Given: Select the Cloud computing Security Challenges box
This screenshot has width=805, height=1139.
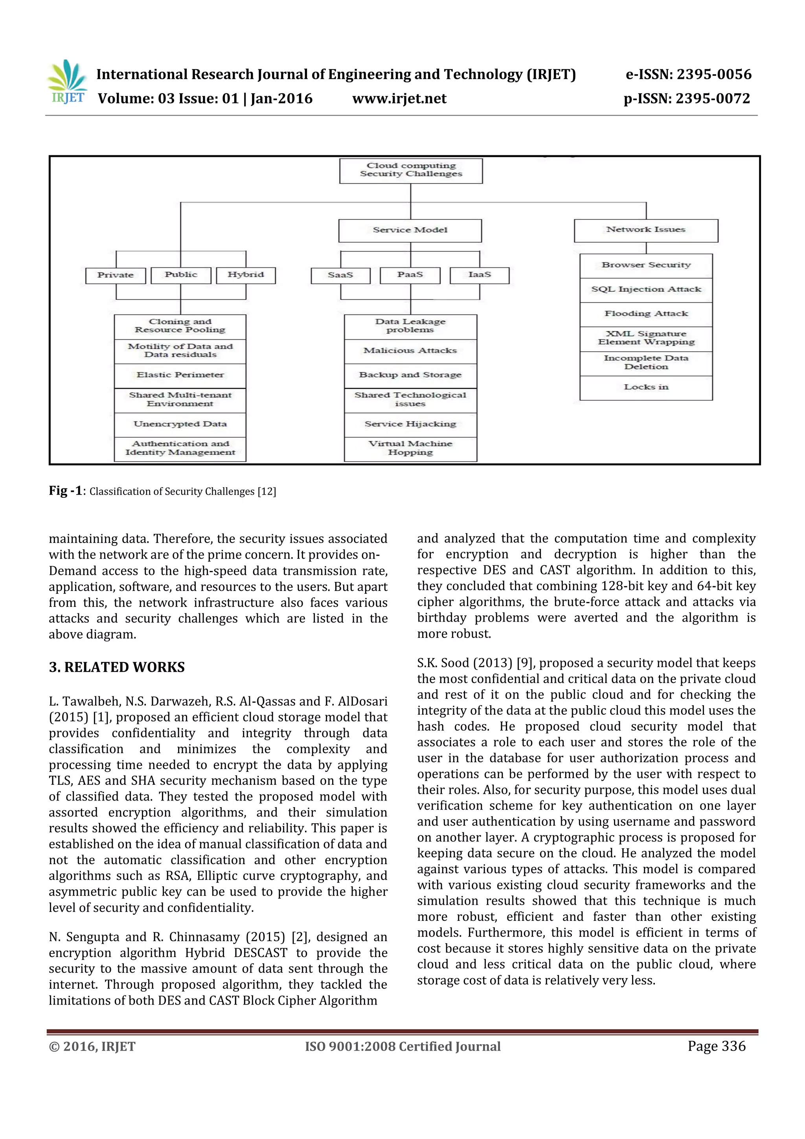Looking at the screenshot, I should [411, 170].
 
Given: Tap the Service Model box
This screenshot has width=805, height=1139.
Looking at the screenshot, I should [410, 230].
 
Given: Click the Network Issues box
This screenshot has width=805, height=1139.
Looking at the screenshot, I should [645, 230].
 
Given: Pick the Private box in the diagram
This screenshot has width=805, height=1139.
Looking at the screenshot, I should [116, 275].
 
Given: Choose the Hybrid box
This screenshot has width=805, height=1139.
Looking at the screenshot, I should [246, 275].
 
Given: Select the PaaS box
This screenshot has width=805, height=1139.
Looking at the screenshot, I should [410, 275].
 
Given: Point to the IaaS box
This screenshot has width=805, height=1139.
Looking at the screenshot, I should [479, 275].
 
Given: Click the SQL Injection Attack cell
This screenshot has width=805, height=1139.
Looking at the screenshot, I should [646, 290].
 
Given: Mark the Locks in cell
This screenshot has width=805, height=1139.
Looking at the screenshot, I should [646, 387].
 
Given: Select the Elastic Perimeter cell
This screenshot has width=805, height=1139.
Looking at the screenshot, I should [180, 375].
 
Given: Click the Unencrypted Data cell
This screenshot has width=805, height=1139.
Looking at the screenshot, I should [180, 425].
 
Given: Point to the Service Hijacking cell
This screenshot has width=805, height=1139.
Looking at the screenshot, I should [410, 425].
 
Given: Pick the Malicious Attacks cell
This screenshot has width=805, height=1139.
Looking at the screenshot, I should [410, 351].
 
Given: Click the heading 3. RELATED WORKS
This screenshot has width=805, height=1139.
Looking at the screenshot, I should [117, 667].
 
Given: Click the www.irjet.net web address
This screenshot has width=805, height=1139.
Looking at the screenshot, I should [399, 99].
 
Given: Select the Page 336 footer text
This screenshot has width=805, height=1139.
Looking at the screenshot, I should [716, 1046].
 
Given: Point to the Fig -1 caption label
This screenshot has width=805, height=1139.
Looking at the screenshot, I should [66, 491].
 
